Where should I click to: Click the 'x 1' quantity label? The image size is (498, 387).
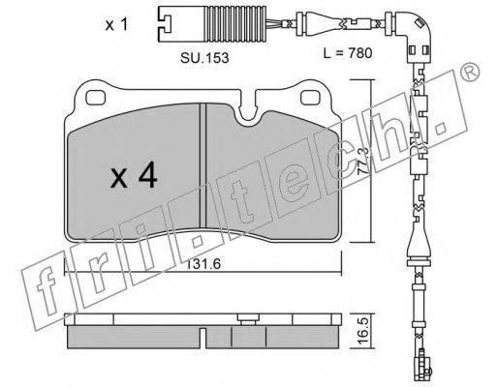tap(116, 25)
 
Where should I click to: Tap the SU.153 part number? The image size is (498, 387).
tap(204, 58)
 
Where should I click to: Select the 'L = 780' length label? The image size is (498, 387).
tap(348, 53)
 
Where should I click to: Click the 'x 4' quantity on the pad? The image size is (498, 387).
tap(134, 175)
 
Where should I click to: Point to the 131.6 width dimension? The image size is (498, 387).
tap(203, 264)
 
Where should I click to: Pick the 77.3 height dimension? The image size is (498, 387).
tap(364, 161)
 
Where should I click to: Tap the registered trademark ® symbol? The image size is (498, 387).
tap(469, 71)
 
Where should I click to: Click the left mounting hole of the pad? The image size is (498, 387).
tap(96, 98)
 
